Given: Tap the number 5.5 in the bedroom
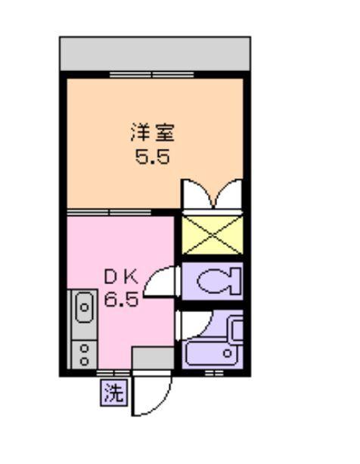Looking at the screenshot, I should coord(153,159).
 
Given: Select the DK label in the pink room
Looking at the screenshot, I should coord(119,277).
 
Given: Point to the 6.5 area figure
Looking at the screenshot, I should coord(120,300).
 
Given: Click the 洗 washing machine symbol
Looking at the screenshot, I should coord(113,393).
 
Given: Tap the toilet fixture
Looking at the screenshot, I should coord(220,282).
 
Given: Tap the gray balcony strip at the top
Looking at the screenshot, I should coord(154,53).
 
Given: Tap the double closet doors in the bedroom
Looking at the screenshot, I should coord(211,194).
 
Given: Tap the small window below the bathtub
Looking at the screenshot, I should coord(214,373).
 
